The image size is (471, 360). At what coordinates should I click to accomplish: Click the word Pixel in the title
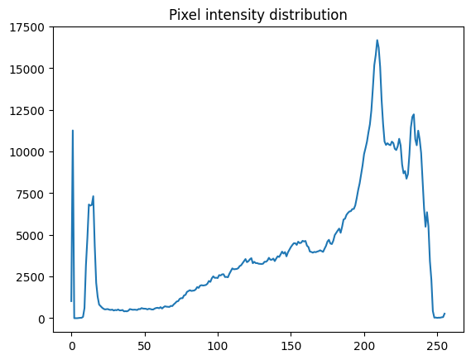(186, 15)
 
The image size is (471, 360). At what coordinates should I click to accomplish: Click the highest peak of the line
(377, 40)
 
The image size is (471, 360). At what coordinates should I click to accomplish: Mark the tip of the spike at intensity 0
(73, 131)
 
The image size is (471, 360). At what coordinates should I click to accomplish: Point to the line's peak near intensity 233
(413, 114)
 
